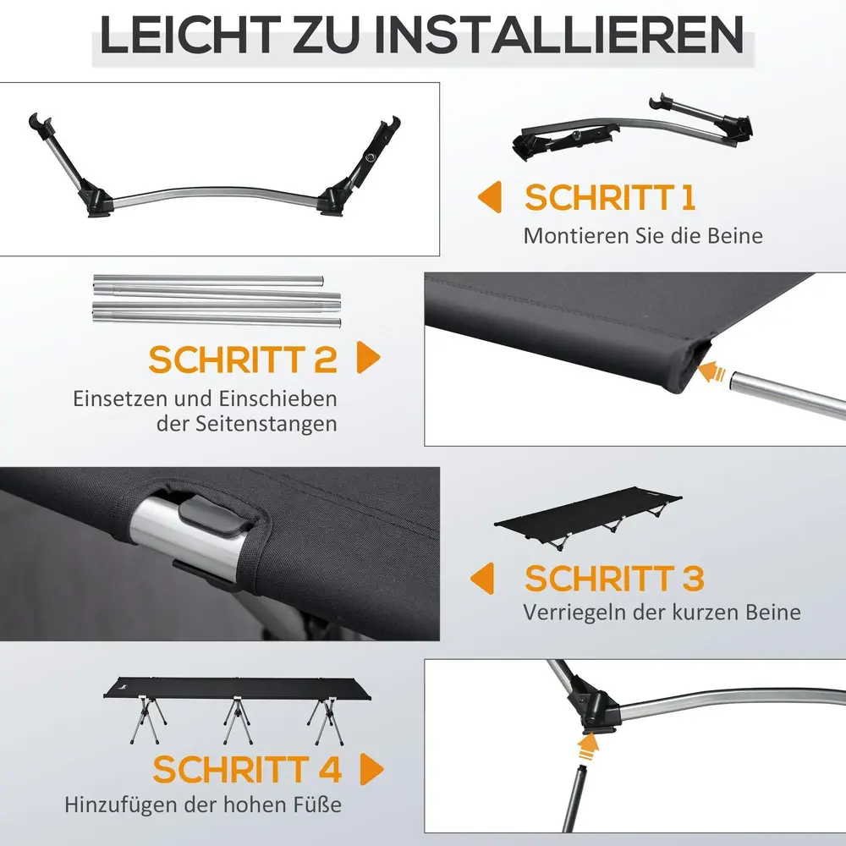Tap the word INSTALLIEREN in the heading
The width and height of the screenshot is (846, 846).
click(559, 35)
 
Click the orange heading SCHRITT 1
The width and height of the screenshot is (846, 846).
click(610, 197)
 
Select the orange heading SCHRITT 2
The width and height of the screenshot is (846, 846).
click(243, 360)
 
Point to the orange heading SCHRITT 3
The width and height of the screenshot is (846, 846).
click(614, 578)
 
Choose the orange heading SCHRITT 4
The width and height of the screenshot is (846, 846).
click(247, 769)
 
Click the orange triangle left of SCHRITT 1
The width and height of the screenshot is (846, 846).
click(490, 197)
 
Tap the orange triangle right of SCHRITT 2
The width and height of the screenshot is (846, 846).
click(369, 357)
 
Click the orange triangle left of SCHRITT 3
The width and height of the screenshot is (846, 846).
click(482, 578)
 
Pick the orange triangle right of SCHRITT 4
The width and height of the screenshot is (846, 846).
click(371, 769)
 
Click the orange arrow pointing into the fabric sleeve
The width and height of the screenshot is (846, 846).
click(711, 372)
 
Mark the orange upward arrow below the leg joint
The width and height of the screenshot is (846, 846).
click(587, 747)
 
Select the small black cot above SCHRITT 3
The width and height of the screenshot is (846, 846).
click(588, 517)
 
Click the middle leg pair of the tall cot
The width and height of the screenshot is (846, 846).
click(235, 722)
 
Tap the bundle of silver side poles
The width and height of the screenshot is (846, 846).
click(217, 300)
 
